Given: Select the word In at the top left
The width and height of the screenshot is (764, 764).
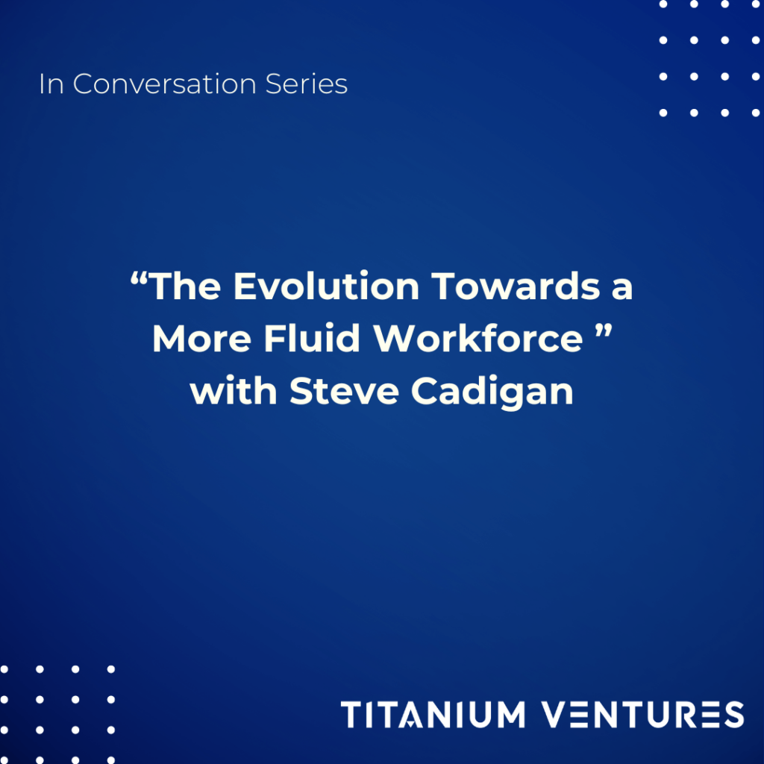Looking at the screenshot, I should [x=51, y=84].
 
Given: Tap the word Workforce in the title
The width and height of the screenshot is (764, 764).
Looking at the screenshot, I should [x=478, y=339].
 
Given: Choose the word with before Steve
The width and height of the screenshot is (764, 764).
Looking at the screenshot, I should [x=235, y=391].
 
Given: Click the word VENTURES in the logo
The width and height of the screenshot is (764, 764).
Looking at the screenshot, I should [x=643, y=714].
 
